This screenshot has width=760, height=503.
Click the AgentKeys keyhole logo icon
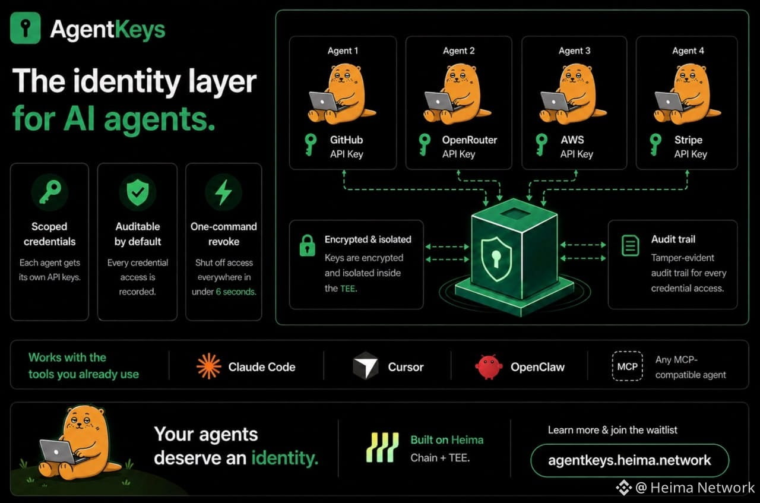(26, 28)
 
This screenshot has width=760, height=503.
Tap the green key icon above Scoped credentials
(50, 192)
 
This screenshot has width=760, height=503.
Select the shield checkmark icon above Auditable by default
(138, 192)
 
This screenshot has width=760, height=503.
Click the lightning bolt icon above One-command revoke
(224, 192)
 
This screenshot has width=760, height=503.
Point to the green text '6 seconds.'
(236, 292)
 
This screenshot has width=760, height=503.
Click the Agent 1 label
(343, 51)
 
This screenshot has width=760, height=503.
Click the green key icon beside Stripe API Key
(655, 144)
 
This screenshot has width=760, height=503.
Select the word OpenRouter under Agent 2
(469, 140)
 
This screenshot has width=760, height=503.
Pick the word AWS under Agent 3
(572, 140)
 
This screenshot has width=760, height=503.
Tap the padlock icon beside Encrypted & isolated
(308, 245)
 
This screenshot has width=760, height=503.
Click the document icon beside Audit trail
(631, 245)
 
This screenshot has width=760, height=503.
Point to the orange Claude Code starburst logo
(208, 366)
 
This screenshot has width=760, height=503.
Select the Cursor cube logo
(366, 366)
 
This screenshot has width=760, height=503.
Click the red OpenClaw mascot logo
(488, 367)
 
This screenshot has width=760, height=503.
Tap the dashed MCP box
(628, 366)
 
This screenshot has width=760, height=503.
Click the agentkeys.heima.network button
(630, 460)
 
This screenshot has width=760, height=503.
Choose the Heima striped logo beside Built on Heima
(382, 447)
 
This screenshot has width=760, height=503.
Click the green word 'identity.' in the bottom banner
(284, 458)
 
